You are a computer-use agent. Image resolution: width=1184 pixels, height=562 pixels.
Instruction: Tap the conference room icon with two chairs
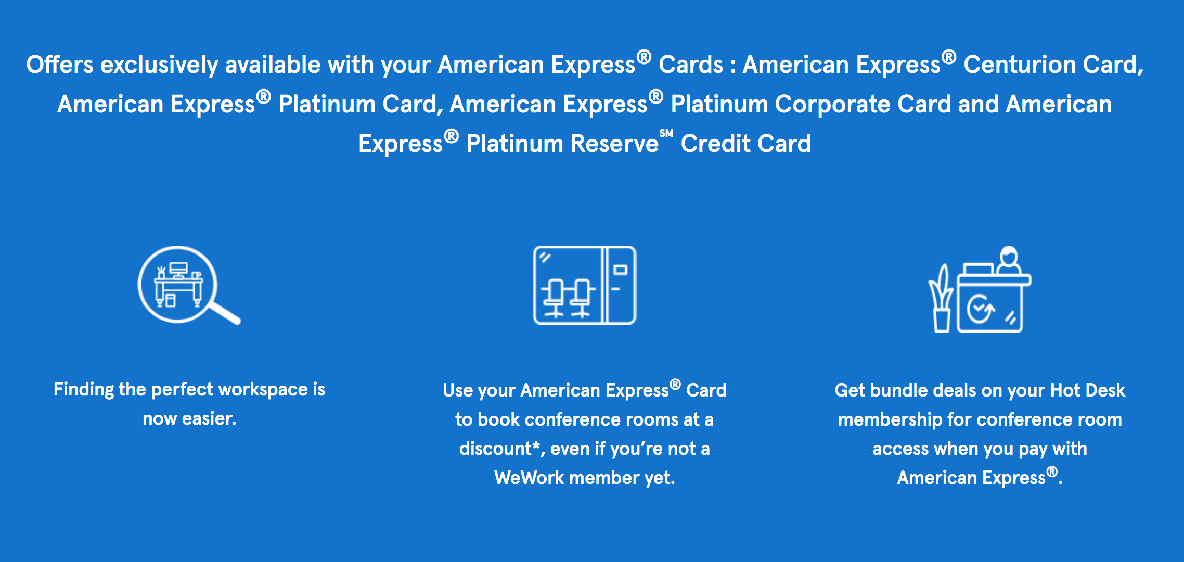(584, 285)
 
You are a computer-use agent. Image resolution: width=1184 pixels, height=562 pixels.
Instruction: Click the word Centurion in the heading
(1019, 65)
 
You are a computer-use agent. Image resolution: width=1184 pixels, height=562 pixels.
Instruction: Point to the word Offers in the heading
(60, 65)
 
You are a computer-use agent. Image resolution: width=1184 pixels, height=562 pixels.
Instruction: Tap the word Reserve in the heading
(614, 144)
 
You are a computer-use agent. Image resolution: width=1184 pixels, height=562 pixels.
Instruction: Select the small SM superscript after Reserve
(666, 134)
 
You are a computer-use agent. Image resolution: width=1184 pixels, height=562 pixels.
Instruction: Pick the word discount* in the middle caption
(499, 449)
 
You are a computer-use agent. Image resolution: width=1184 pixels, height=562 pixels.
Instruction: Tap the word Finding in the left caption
(83, 390)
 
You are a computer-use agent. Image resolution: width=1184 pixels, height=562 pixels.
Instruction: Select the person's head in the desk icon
(1009, 257)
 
